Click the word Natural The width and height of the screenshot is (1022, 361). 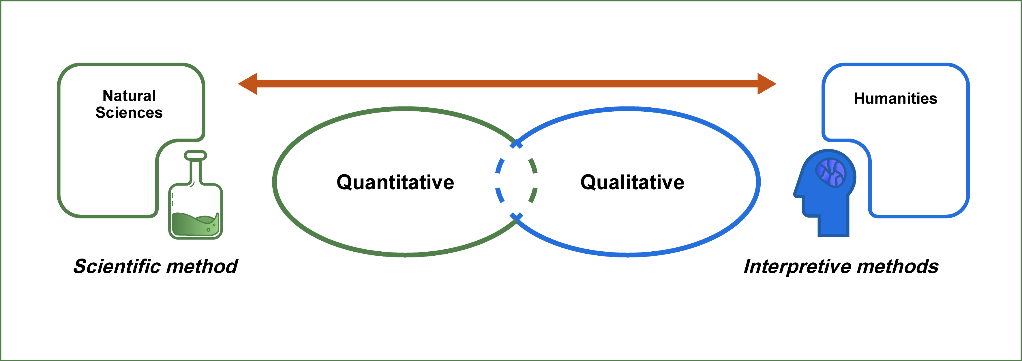129,96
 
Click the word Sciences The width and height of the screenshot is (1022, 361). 129,113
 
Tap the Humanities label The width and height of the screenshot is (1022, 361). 895,98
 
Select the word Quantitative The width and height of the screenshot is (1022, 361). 395,182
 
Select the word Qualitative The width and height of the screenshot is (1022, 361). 632,182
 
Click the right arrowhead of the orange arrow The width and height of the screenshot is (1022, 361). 767,84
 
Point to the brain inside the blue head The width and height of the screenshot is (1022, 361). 831,173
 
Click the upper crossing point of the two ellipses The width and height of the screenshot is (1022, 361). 516,144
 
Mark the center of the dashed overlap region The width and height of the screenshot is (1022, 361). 516,181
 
